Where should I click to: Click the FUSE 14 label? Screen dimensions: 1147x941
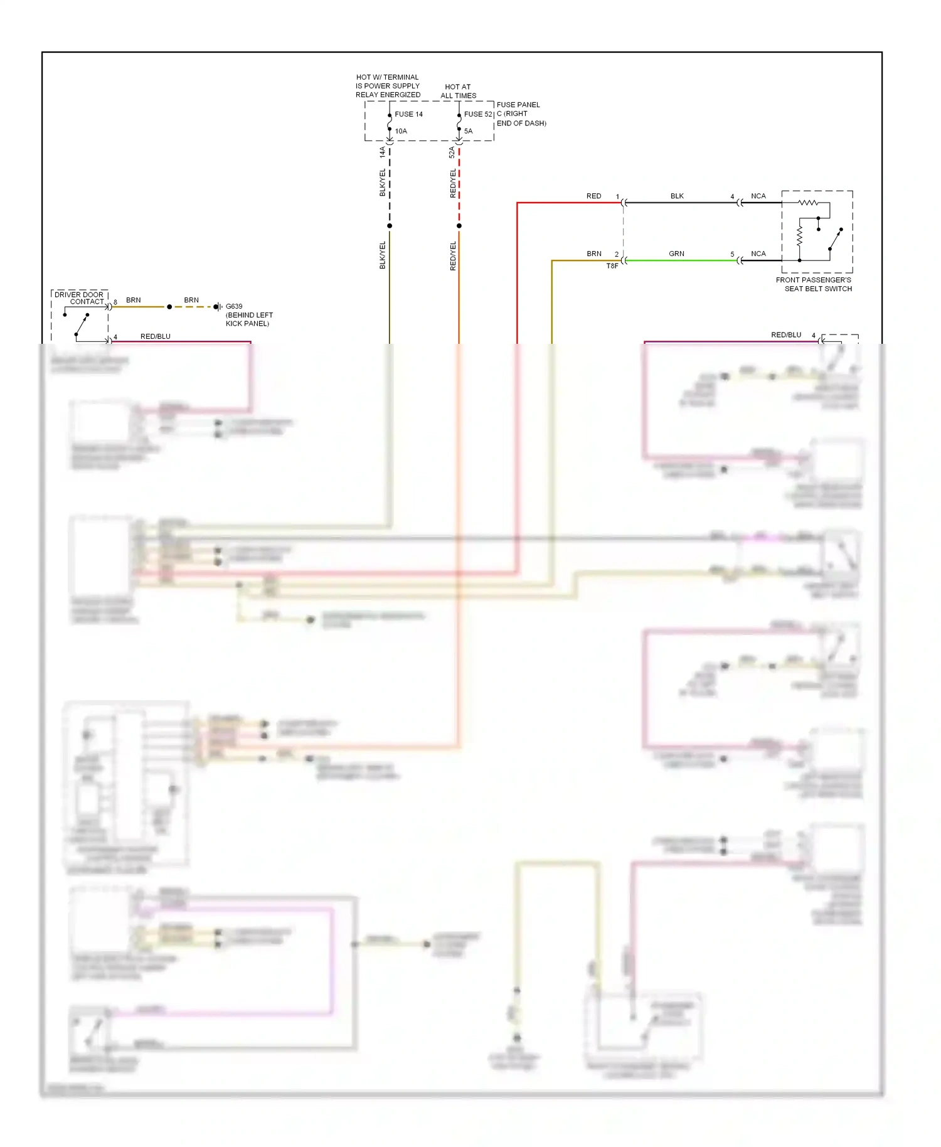(408, 114)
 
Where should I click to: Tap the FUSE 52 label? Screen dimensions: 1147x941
(478, 114)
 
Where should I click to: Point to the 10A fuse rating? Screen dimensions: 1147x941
(401, 131)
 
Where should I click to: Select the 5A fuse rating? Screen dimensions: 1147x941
(468, 131)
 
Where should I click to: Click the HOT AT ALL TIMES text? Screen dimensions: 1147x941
(458, 92)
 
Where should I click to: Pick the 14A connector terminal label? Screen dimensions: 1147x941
(382, 152)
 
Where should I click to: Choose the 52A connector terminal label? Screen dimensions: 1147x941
(452, 152)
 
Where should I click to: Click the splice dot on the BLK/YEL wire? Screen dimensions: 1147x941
(390, 226)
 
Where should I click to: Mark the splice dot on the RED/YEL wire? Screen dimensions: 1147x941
(459, 226)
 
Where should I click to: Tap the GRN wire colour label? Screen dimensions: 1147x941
(676, 253)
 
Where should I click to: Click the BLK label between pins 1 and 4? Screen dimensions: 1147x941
(677, 196)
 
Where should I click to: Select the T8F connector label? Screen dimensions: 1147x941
(612, 266)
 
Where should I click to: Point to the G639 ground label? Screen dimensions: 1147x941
(234, 306)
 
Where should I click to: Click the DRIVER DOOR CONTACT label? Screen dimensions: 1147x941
(79, 297)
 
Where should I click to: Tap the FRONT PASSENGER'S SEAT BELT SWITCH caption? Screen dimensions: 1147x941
(814, 284)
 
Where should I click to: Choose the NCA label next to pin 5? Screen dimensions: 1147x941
(758, 253)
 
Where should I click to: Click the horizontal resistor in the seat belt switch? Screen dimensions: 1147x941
(808, 203)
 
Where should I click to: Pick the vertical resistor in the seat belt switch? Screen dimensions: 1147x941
(799, 236)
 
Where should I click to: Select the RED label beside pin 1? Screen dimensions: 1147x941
(593, 196)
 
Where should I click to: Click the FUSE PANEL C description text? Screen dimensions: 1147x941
(521, 114)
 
